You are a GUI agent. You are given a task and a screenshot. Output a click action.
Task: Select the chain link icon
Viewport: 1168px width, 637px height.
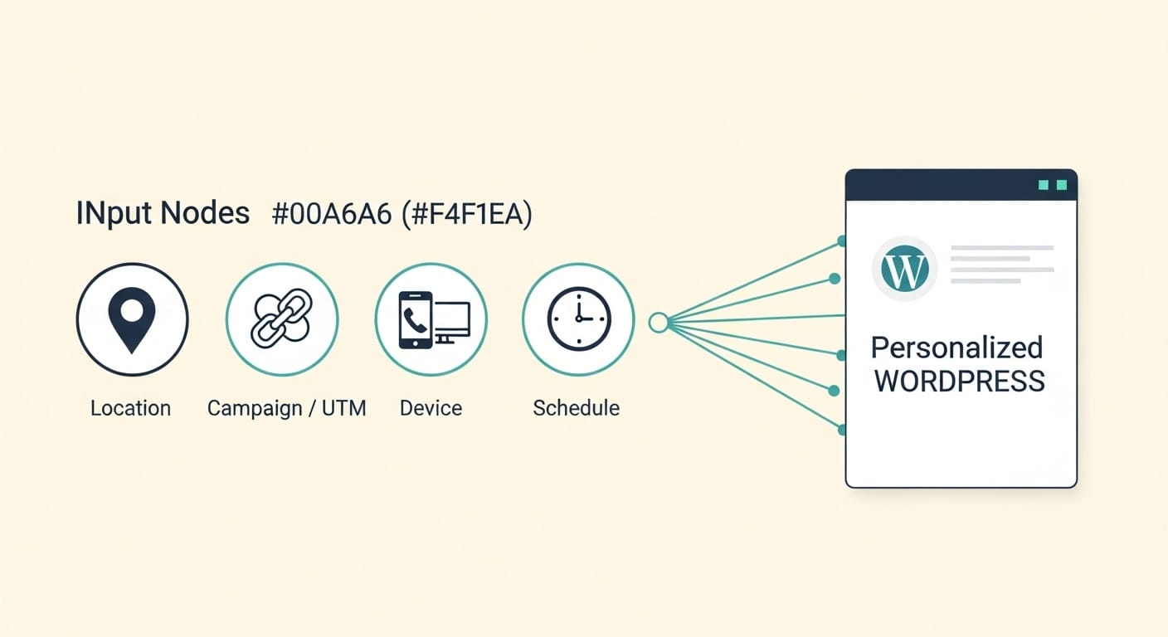pos(281,319)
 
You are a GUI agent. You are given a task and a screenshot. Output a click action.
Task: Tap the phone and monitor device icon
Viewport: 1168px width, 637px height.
pos(433,319)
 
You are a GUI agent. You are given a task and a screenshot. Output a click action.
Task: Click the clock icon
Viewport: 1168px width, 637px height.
pos(578,319)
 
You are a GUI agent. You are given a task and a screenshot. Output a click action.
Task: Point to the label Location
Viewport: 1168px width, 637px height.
pos(130,408)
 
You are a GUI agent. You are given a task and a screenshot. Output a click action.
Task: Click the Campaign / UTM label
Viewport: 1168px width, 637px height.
pos(286,408)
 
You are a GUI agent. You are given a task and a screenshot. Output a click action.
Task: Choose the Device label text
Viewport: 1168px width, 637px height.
pos(431,408)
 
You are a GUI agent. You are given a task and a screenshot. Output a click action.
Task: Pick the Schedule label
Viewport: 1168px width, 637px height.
pos(576,408)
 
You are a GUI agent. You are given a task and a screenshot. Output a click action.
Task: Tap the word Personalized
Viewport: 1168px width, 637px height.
pos(956,347)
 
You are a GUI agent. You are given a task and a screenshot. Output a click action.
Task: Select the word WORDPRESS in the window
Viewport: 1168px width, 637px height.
pos(960,382)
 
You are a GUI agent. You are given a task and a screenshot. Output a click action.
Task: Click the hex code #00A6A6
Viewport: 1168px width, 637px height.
pos(330,214)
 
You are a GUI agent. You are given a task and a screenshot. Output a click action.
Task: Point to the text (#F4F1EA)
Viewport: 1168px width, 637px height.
pos(465,214)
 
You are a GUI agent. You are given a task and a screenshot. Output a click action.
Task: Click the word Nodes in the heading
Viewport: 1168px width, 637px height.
pos(205,214)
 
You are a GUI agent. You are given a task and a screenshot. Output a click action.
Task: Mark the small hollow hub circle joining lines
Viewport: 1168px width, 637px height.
pos(659,323)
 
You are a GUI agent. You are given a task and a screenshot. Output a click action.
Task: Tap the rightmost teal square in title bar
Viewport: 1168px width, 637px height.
pos(1061,185)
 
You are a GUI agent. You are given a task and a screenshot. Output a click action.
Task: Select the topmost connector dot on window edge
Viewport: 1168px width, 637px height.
pos(842,241)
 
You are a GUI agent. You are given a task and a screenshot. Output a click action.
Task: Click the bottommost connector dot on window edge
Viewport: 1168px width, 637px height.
pos(842,430)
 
